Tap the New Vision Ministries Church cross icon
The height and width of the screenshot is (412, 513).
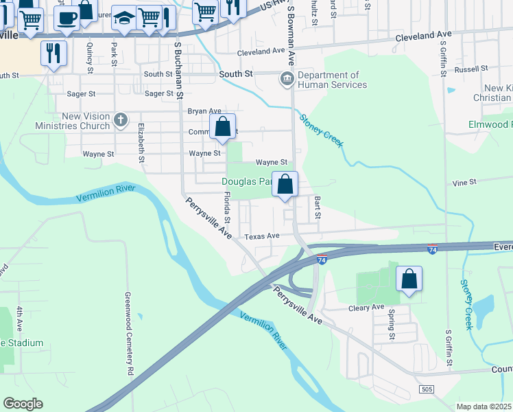tap(121, 121)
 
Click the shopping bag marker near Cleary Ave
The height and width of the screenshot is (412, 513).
tap(409, 279)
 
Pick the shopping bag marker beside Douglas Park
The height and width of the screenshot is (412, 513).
tap(285, 185)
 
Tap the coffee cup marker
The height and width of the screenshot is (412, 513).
tap(67, 19)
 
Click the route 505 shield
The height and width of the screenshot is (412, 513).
tap(427, 389)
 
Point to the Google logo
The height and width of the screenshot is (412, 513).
tap(23, 404)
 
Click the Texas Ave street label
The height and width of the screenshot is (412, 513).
tap(263, 236)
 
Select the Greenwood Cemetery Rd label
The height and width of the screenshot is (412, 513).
tap(128, 334)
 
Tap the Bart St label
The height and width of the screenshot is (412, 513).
tap(318, 207)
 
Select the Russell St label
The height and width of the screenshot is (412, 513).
tap(470, 69)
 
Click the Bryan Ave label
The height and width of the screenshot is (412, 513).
tap(204, 111)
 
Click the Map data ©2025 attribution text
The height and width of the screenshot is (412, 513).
tap(483, 407)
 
